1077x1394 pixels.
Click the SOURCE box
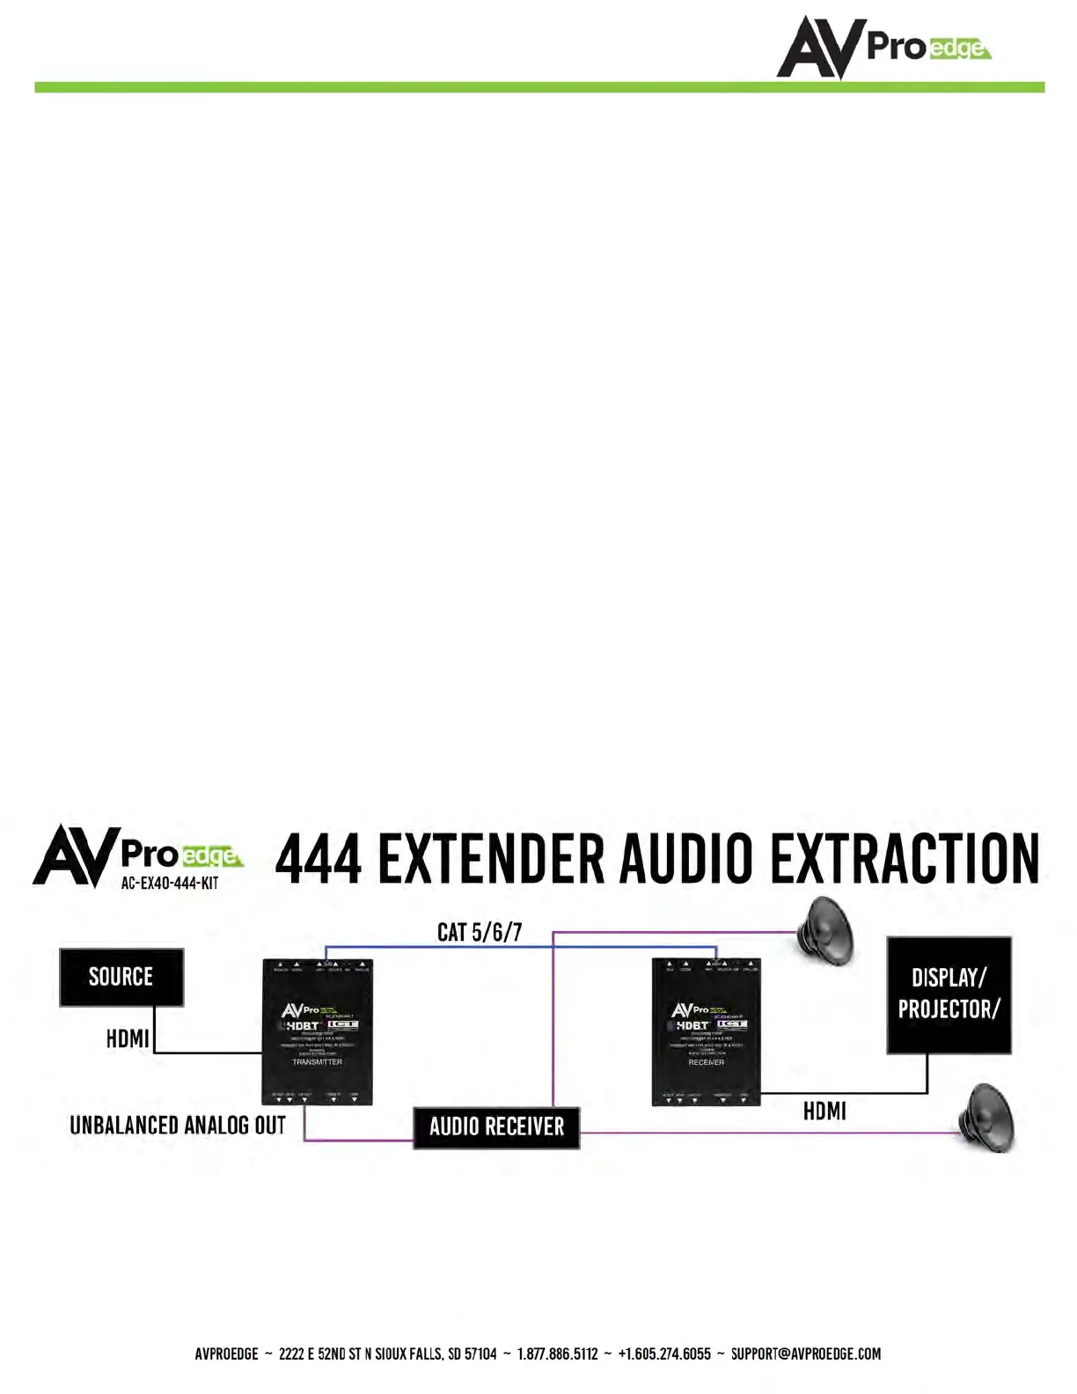point(121,977)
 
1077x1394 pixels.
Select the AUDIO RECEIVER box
point(496,1127)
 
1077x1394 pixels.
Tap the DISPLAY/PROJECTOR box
point(949,994)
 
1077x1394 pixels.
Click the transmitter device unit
point(318,1031)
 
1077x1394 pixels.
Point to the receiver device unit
point(706,1031)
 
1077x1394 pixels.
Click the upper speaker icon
point(824,927)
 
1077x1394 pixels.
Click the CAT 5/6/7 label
point(480,932)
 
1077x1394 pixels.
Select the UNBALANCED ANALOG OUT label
point(178,1126)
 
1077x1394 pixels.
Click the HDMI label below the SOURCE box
point(128,1038)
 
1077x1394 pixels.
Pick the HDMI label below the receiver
point(824,1112)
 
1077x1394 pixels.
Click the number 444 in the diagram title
point(319,859)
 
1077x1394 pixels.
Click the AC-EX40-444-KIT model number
point(169,884)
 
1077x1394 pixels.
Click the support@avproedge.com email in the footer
point(805,1354)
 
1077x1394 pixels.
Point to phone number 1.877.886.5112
point(557,1354)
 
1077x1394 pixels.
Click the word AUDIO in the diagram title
point(686,859)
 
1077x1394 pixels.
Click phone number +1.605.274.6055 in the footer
point(664,1354)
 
